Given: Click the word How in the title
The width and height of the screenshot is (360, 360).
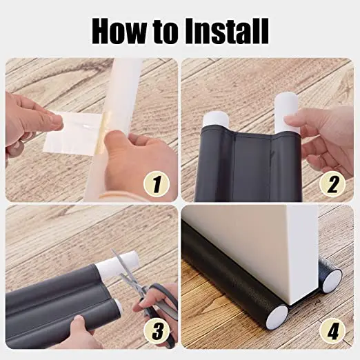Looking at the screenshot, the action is click(x=119, y=32).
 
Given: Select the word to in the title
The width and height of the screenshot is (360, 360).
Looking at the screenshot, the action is click(x=166, y=33).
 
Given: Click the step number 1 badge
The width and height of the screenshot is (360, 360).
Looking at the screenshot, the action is click(x=157, y=183).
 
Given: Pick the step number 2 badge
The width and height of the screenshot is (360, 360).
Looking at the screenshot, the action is click(x=332, y=183).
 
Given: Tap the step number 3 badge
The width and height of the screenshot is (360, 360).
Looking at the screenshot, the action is click(x=157, y=331).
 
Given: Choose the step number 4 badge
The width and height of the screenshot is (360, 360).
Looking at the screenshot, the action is click(x=332, y=331).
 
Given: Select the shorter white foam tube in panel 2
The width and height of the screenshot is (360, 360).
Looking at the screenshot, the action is click(x=216, y=121).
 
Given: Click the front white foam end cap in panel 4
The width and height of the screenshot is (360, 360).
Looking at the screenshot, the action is click(x=277, y=316).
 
